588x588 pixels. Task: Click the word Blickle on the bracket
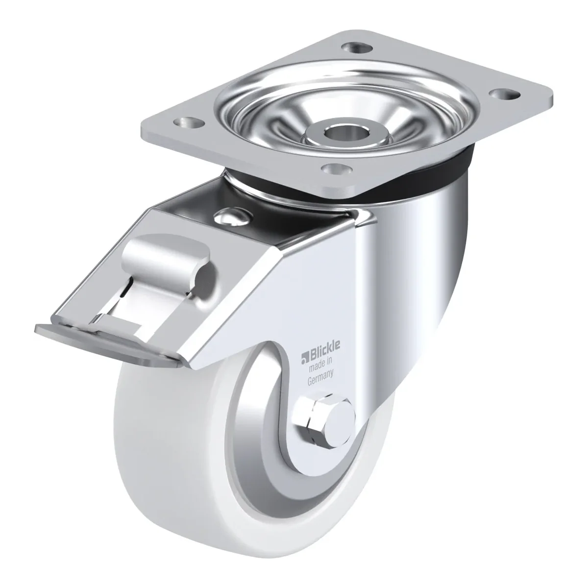coord(325,354)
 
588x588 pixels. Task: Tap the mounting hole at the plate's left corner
coord(189,122)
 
